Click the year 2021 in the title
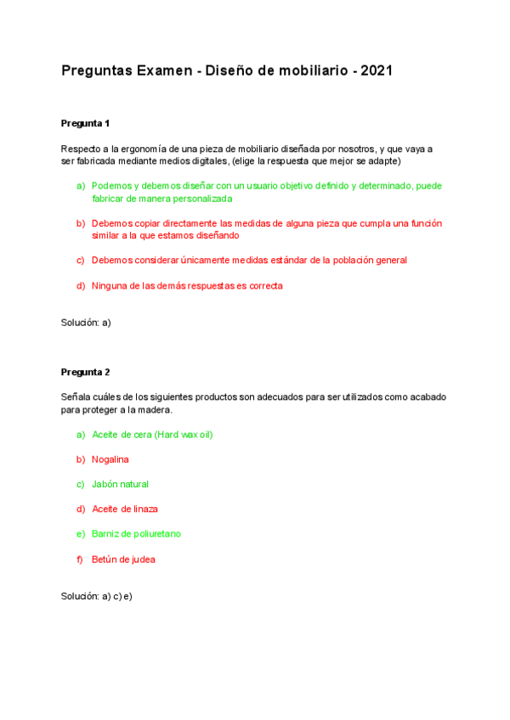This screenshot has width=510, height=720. [376, 71]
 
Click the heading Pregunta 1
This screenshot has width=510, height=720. [86, 123]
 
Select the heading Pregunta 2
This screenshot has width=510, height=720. [86, 372]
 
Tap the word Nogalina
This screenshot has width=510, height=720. [110, 459]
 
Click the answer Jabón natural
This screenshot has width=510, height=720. [120, 484]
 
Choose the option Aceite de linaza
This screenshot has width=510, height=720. [124, 509]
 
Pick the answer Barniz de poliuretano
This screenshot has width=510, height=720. [136, 534]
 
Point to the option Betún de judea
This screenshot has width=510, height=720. [123, 559]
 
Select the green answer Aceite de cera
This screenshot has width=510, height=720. [151, 435]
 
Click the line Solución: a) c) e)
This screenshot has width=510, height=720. [97, 596]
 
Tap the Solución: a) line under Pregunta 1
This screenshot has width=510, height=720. [86, 323]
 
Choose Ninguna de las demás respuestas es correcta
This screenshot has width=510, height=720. [187, 285]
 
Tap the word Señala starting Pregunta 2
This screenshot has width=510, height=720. [76, 397]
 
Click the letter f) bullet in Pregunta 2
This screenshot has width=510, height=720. [81, 559]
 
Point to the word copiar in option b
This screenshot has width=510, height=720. [149, 223]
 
